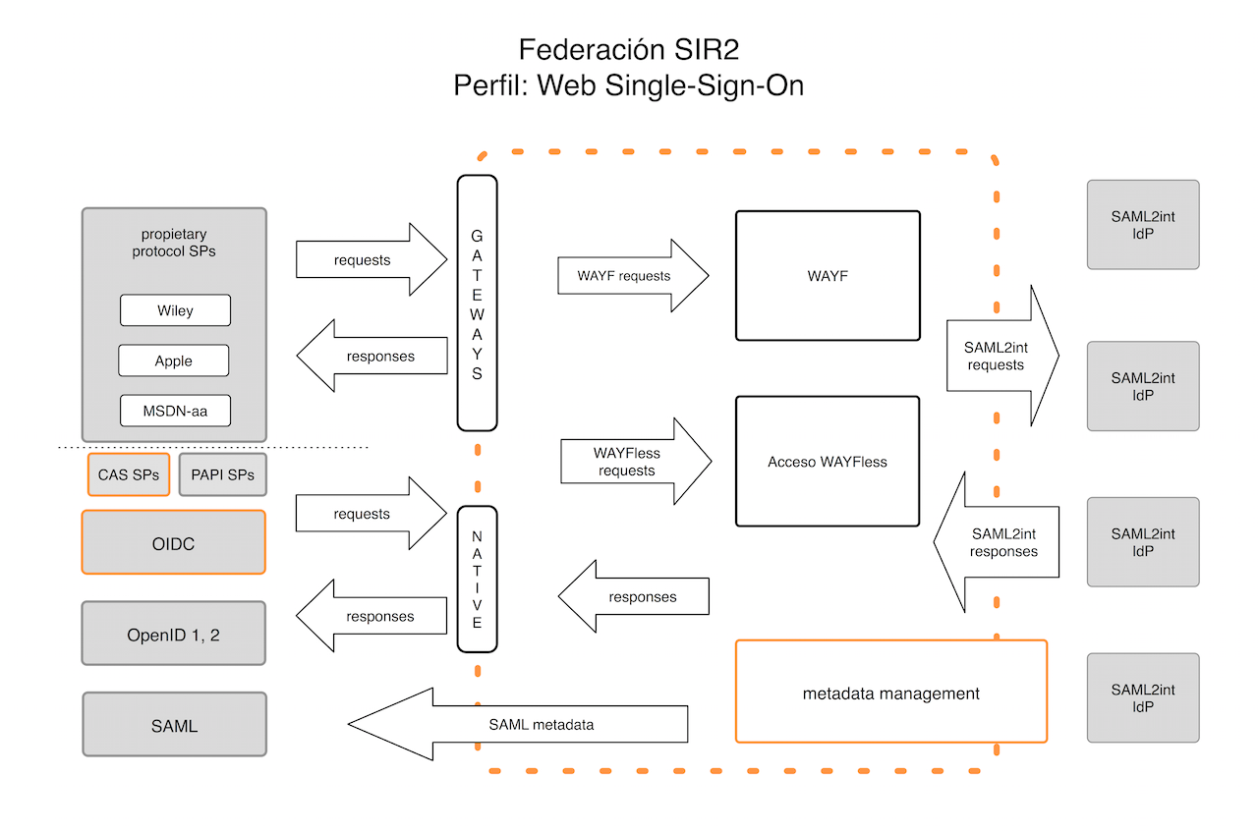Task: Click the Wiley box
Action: (x=175, y=310)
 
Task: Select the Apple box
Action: (x=173, y=361)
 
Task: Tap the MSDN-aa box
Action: (x=175, y=411)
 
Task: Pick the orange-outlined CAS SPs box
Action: (x=129, y=474)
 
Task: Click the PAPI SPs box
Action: (x=223, y=474)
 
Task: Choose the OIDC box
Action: (x=174, y=542)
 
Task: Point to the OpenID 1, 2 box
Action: (x=174, y=634)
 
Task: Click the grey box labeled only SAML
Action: (x=174, y=725)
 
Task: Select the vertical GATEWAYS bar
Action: (x=478, y=303)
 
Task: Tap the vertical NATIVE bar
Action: (x=478, y=579)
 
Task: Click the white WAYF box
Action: (x=828, y=276)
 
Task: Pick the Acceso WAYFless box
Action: (x=828, y=462)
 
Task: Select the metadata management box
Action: (x=890, y=693)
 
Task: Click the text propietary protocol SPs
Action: (x=174, y=243)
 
